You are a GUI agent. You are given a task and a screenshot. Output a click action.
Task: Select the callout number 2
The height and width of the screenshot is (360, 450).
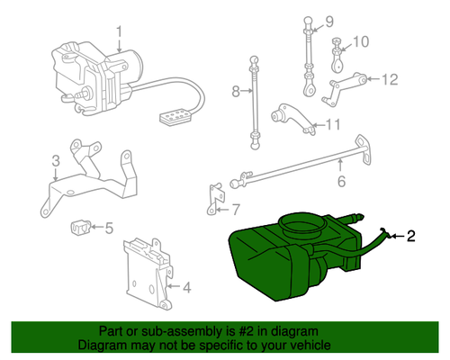(411, 238)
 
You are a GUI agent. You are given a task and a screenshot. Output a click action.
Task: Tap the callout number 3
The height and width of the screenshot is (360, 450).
(55, 161)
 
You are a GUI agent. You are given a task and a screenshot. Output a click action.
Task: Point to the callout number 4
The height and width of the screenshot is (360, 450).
(186, 288)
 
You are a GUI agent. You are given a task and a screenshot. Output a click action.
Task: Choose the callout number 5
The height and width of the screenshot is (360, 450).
(109, 228)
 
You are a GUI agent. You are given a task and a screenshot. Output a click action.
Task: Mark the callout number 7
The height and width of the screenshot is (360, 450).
(237, 211)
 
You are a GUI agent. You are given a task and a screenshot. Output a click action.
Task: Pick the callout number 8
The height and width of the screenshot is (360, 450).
(236, 92)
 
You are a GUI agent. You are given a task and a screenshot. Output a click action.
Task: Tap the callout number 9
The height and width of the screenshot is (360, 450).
(328, 22)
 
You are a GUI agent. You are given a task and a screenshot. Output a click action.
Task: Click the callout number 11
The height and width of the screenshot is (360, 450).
(333, 124)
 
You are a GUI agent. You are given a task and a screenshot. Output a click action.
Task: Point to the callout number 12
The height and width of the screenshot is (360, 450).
(389, 79)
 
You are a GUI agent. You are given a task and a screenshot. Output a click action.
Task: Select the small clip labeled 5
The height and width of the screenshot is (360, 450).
(80, 225)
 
